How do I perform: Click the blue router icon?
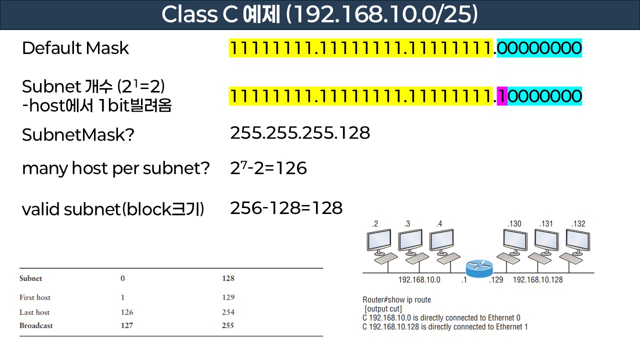click(478, 269)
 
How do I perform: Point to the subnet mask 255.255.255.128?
click(300, 133)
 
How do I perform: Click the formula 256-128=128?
click(286, 208)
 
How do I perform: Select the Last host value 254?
click(228, 312)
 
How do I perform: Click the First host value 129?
click(228, 297)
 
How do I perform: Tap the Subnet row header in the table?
click(30, 278)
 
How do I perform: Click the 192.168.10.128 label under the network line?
click(537, 279)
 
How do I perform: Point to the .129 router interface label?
click(496, 279)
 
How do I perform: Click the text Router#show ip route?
click(396, 300)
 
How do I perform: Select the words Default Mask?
click(75, 48)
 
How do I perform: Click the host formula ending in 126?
click(268, 168)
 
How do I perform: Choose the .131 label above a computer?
click(546, 223)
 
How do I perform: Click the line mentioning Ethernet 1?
click(445, 327)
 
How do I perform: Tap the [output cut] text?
click(383, 309)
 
